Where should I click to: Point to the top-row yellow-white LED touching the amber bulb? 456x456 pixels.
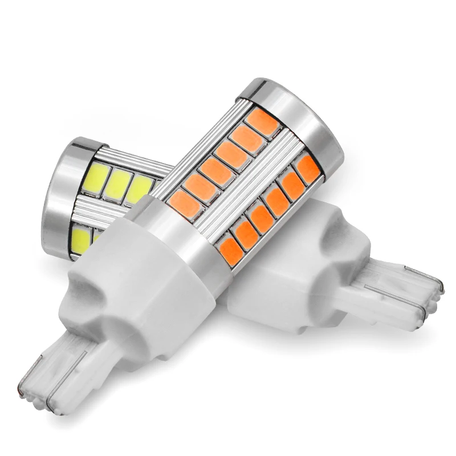tap(140, 189)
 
